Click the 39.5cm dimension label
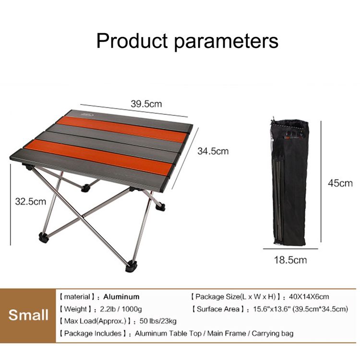click(146, 104)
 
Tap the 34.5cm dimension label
click(213, 151)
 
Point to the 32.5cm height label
click(31, 201)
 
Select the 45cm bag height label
click(340, 183)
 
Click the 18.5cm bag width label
click(290, 260)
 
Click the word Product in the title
click(132, 41)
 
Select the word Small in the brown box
click(28, 315)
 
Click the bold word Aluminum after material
click(121, 297)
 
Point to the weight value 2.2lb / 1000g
click(121, 309)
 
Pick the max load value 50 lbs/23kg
click(158, 321)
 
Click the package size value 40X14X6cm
click(309, 297)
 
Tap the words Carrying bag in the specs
click(273, 334)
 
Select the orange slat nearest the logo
click(122, 129)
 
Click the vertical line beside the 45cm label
click(321, 181)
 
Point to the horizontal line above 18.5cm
click(290, 249)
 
